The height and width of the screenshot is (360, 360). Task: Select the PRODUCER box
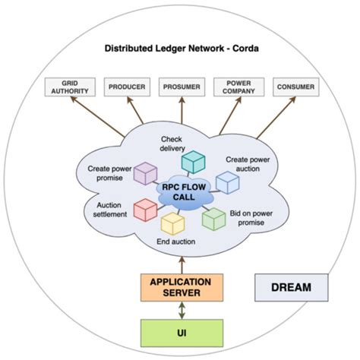coord(126,87)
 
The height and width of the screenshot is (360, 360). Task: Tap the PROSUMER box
coord(181,87)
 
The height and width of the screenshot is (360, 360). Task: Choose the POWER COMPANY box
coord(235,87)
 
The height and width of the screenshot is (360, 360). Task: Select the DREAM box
coord(292,289)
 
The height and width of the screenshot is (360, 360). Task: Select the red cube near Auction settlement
coord(144,210)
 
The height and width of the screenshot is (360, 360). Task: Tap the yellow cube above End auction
coord(173,223)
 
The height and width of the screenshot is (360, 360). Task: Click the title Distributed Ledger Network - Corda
coord(180,49)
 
